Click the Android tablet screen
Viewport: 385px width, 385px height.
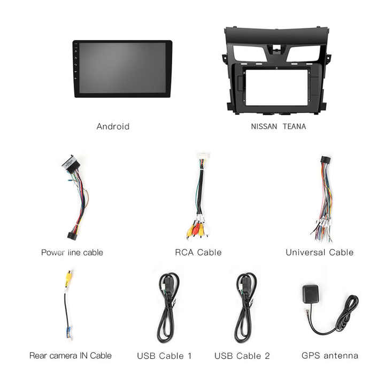tap(122, 68)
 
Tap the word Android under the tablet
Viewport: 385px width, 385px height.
tap(113, 127)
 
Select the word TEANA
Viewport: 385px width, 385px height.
tap(294, 127)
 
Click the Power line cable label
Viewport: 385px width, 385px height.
tap(72, 252)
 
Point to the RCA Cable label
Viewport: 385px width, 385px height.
tap(198, 252)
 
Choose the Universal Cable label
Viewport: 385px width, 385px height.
tap(319, 252)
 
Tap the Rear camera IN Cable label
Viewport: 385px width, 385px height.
tap(71, 356)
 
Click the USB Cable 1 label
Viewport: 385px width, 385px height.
tap(164, 356)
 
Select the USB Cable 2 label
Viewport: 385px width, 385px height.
tap(242, 356)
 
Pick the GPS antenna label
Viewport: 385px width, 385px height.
tap(330, 356)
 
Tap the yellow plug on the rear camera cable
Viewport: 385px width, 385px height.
tap(68, 278)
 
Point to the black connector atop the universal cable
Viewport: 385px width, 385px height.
tap(325, 160)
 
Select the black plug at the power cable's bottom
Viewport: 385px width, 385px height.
tap(71, 235)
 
